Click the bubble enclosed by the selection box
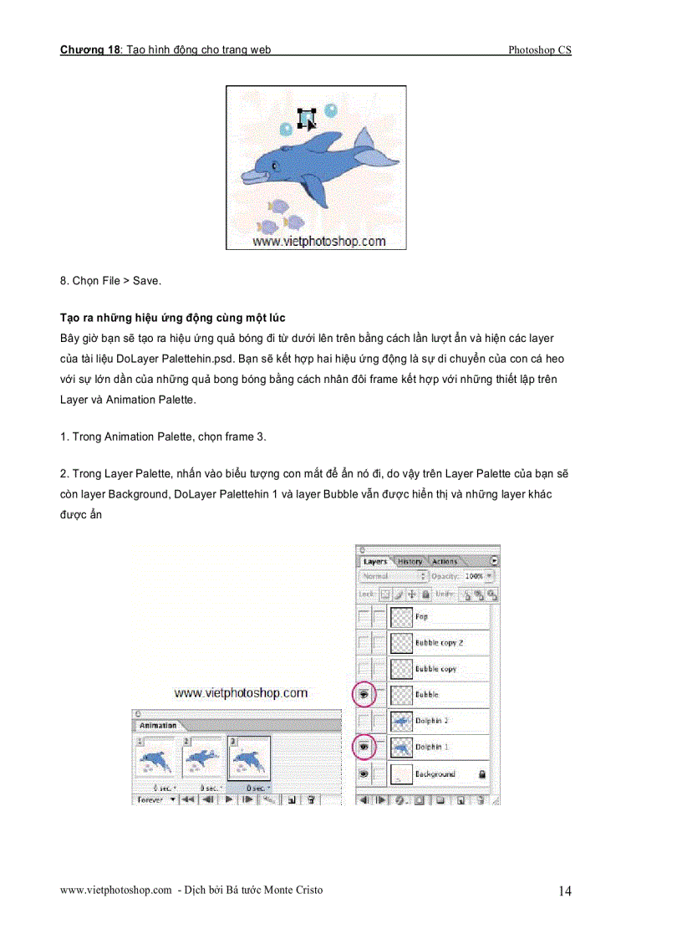point(305,118)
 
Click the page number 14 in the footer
point(565,891)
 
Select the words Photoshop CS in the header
point(539,50)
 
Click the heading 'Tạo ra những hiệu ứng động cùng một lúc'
point(173,318)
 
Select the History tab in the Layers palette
point(410,561)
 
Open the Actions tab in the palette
point(445,561)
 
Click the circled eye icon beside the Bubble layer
point(364,694)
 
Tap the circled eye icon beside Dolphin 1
point(364,747)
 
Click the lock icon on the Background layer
point(482,774)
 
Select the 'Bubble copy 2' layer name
point(439,643)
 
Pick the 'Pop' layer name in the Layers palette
point(421,616)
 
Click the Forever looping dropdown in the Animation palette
point(155,799)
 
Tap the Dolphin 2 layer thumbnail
point(402,721)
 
